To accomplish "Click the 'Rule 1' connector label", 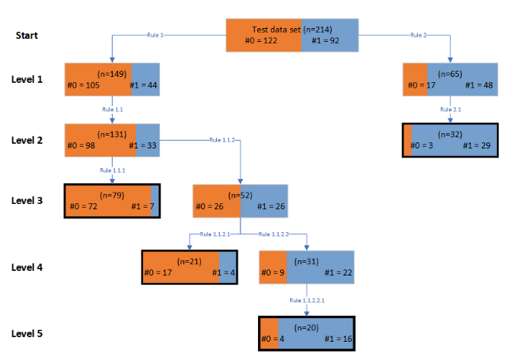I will point(156,35).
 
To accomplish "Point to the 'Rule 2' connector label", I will point(419,35).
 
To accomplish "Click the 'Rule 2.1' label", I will point(451,110).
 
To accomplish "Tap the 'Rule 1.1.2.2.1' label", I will point(307,301).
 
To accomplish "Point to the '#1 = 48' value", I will point(480,84).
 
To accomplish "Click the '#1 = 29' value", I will point(480,145).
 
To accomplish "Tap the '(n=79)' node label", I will point(112,195).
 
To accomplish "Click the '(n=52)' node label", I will point(241,196).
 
